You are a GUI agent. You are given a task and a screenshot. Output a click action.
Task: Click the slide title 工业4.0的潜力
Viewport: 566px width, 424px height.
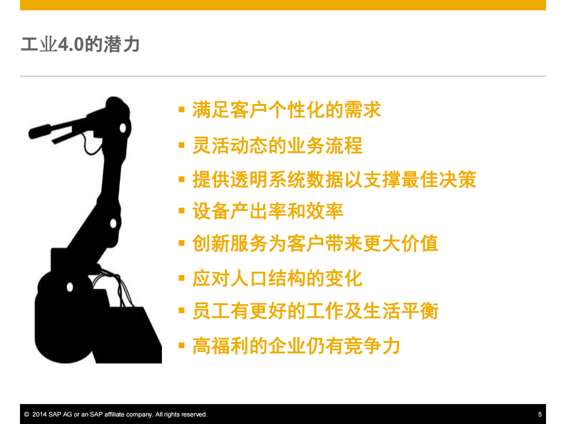click(x=80, y=45)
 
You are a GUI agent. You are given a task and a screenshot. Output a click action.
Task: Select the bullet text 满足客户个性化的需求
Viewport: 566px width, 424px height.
click(x=286, y=110)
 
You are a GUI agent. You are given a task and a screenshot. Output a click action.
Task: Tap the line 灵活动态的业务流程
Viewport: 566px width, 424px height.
click(x=277, y=145)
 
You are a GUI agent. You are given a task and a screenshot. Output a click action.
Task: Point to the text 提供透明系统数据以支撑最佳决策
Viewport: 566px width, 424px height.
click(x=334, y=179)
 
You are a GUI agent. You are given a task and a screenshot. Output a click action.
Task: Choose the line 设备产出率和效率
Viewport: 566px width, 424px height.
click(x=267, y=211)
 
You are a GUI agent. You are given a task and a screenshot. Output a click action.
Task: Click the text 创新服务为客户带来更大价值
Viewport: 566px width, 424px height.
click(x=315, y=243)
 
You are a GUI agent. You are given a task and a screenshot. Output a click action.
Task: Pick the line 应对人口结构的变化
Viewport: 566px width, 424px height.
click(x=277, y=278)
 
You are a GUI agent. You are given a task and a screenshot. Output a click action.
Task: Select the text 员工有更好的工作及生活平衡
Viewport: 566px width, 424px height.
click(x=315, y=311)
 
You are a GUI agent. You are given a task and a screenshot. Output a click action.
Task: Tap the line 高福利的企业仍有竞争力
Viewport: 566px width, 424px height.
click(x=296, y=346)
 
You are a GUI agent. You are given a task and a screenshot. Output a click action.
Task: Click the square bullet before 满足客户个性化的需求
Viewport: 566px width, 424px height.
click(x=182, y=109)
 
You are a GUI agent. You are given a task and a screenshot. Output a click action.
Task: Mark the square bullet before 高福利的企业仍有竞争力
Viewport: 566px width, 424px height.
click(x=182, y=345)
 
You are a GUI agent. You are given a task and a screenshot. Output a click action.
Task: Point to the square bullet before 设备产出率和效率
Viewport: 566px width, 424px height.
click(x=182, y=211)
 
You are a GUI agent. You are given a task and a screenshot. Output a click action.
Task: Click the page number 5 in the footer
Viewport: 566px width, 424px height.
click(x=540, y=414)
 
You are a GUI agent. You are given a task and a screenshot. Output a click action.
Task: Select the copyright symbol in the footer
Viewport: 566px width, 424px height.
click(x=26, y=414)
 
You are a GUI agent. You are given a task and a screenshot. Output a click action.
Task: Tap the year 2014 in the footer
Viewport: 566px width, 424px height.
click(x=39, y=414)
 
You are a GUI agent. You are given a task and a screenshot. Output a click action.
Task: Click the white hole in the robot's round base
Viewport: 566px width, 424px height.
click(x=70, y=287)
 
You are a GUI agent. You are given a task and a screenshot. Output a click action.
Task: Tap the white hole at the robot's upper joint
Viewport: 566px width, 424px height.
click(x=123, y=128)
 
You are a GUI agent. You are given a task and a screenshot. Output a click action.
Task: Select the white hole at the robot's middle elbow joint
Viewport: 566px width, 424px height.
click(x=113, y=223)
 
